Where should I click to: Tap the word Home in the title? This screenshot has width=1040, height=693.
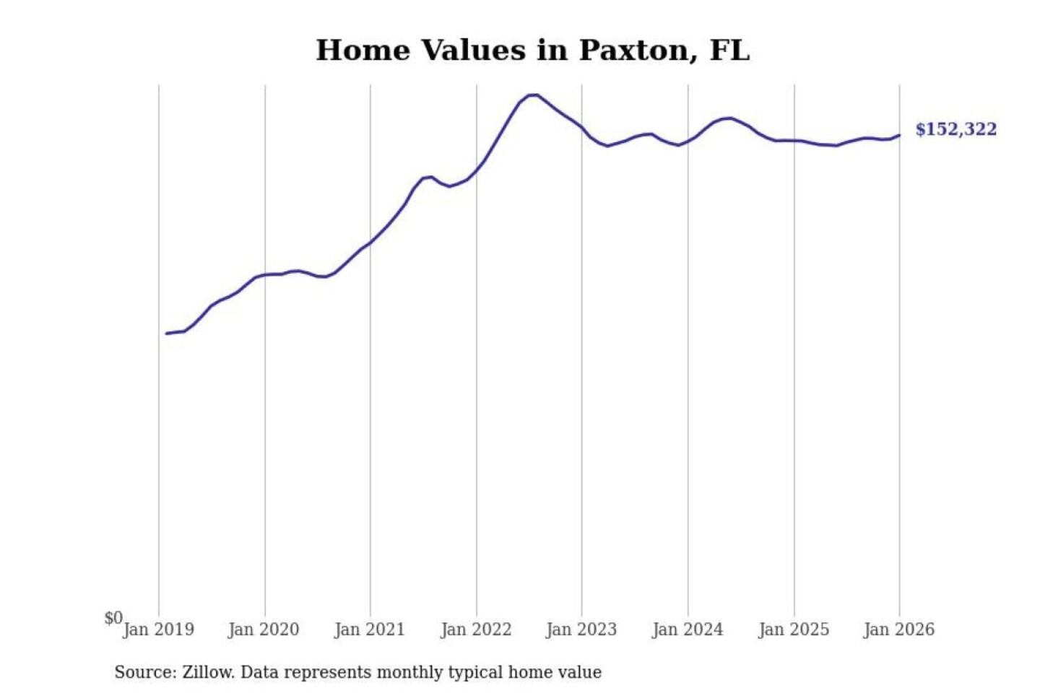coord(363,51)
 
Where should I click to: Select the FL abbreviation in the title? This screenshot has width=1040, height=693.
coord(729,51)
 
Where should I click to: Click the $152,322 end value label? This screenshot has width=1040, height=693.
coord(955,129)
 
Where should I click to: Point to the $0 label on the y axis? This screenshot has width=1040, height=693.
coord(113,618)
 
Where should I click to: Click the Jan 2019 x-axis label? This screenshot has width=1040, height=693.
coord(158,629)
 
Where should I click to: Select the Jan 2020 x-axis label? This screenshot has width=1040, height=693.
coord(264,629)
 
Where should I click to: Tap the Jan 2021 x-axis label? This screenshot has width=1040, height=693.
coord(370,629)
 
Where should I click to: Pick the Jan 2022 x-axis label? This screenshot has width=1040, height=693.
coord(476,629)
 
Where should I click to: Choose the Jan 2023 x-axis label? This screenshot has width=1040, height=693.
coord(581,629)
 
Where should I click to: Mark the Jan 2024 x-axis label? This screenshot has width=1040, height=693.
coord(688,629)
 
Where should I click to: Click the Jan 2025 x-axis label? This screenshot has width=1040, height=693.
coord(794,629)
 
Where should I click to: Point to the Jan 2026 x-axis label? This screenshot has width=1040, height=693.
coord(899,629)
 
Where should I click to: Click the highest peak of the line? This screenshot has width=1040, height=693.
coord(533,95)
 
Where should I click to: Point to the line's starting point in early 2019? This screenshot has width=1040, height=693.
coord(167,334)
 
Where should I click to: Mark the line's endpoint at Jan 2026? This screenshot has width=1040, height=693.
coord(899,135)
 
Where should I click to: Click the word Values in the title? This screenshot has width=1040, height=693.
coord(472,51)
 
